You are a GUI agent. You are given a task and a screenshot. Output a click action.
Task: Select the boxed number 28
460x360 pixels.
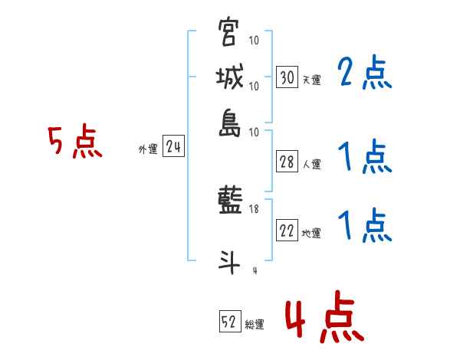pos(287,162)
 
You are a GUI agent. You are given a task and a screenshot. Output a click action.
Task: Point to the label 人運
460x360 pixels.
pos(311,164)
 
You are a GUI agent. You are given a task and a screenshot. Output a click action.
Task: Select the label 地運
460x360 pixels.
pos(311,234)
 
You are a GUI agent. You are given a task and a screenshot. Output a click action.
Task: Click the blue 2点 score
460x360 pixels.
pos(364,74)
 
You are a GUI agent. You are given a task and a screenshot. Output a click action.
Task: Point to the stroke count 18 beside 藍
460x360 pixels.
pos(255,209)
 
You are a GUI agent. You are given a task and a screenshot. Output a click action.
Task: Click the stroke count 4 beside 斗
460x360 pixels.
pos(254,270)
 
